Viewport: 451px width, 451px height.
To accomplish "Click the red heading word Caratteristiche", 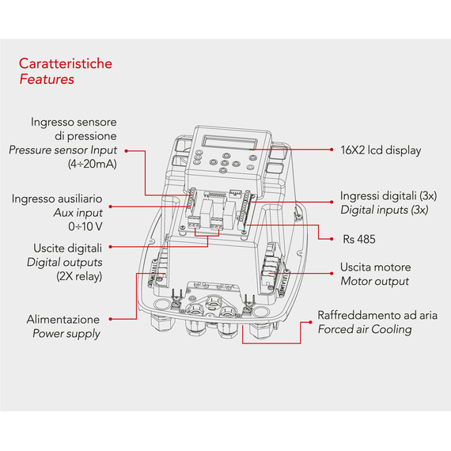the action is coord(66,63).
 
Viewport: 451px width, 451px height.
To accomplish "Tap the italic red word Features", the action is coord(47,79).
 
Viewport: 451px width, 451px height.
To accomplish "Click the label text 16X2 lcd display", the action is coord(381,150).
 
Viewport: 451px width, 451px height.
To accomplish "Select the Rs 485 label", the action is coord(359,239).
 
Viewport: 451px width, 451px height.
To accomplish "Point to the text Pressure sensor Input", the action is coord(63,150).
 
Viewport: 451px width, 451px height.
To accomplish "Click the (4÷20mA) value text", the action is coord(93,164).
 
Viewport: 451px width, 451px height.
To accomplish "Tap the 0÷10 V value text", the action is coord(85,226).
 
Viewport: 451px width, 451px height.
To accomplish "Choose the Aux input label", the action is coord(78,213).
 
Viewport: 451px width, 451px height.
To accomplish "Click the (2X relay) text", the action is coord(79,276).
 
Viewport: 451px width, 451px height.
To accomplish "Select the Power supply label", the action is coord(66,334).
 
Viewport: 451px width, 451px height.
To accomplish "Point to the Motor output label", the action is coord(374,282).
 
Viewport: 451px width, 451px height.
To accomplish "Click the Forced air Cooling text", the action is coord(365,329).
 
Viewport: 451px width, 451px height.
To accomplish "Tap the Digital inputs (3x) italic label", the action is coord(385,210).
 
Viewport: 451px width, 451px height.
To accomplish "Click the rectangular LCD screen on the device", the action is coord(229,142).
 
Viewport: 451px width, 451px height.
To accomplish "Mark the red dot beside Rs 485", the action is coord(332,239).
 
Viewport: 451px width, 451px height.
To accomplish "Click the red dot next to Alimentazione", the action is coord(111,319).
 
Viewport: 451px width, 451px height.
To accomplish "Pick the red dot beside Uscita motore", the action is coord(332,273).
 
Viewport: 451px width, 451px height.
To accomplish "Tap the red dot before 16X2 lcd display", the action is coord(332,150).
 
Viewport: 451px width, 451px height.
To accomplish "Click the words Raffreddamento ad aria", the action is coord(377,315).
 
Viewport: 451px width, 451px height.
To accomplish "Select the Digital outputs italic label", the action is coord(64,263).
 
